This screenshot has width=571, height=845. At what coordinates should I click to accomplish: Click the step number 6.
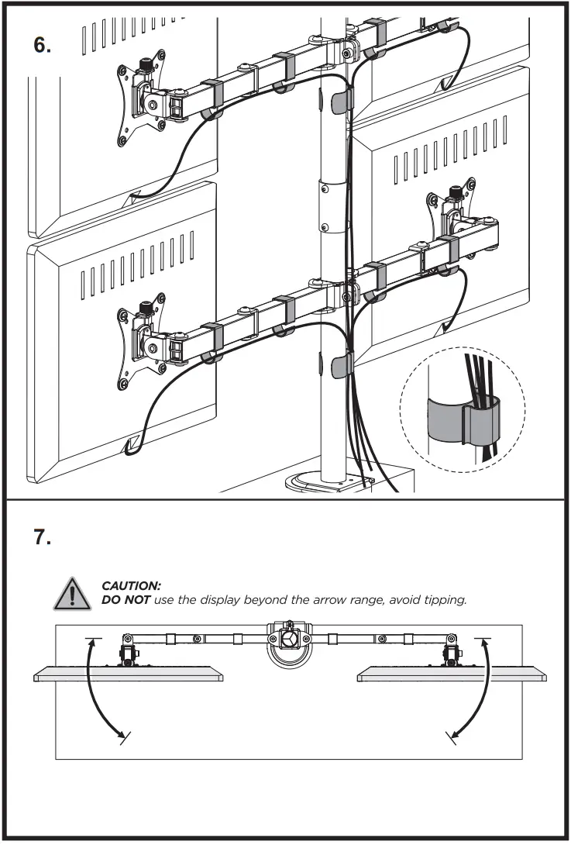point(43,44)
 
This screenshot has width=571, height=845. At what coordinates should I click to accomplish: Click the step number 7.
point(43,536)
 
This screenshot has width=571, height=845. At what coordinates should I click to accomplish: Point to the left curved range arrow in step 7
point(98,691)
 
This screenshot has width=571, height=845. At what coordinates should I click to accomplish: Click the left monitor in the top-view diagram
point(129,676)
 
